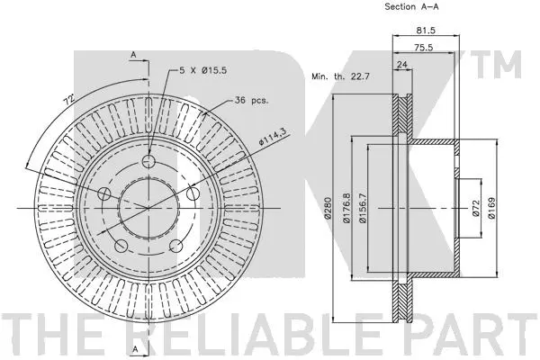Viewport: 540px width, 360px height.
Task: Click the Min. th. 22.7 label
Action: coord(341,77)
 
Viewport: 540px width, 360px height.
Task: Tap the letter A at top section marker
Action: coord(132,56)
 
